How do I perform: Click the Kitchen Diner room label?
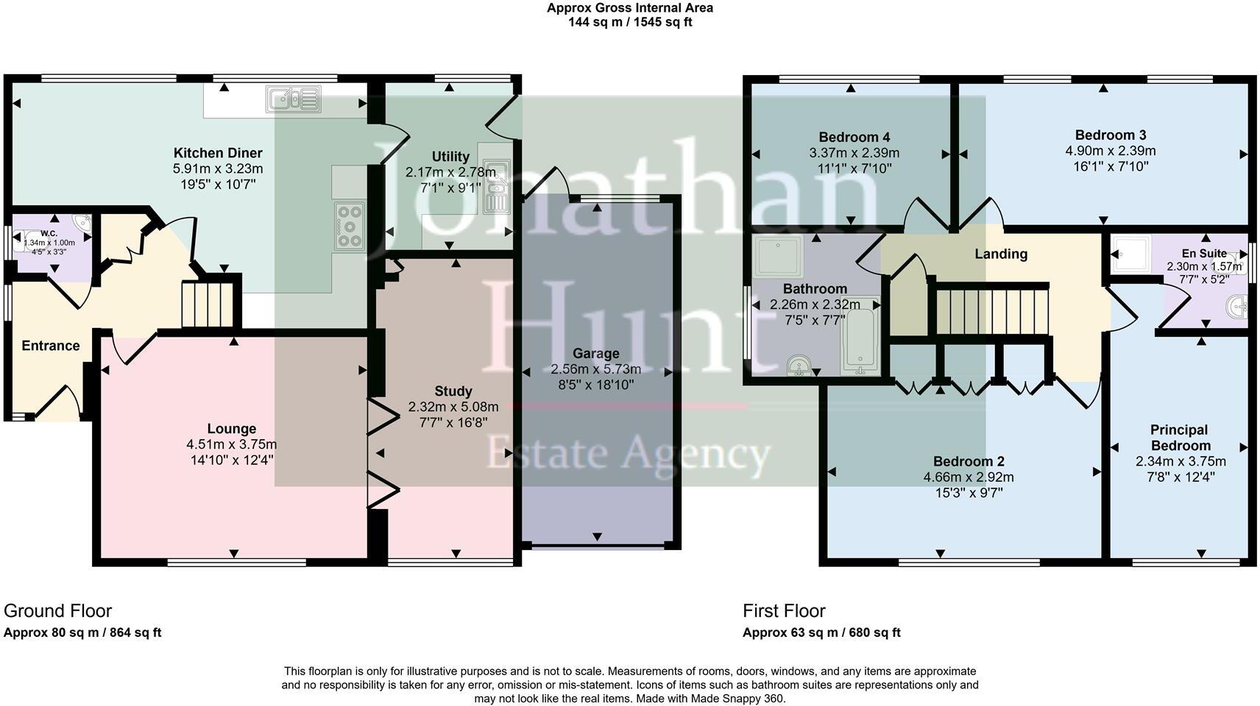click(218, 153)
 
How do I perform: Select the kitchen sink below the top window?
click(294, 99)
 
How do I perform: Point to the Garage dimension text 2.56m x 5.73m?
click(595, 369)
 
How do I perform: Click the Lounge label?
click(231, 429)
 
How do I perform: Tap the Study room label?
click(453, 391)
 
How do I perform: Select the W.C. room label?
click(49, 233)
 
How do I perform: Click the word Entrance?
click(50, 346)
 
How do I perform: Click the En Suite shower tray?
click(1130, 254)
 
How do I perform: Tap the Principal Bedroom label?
click(1180, 438)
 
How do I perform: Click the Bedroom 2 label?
click(968, 461)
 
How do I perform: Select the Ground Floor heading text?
click(57, 610)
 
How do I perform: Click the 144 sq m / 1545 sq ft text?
click(629, 22)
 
